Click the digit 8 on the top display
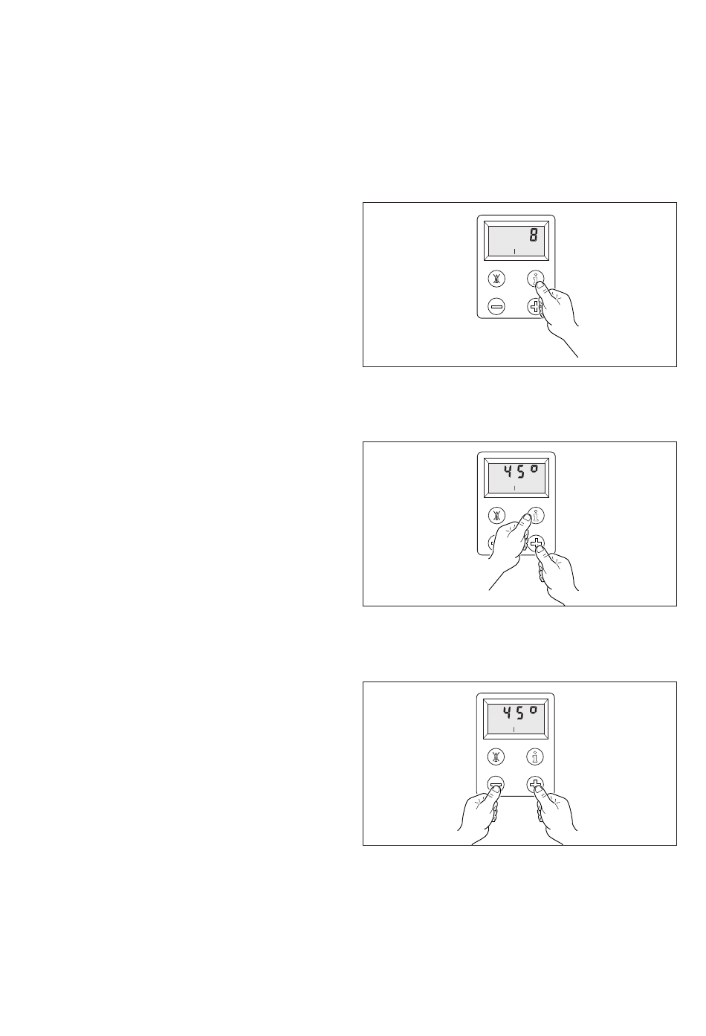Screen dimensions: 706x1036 tap(533, 236)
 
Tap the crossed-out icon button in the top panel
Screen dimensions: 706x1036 tap(496, 279)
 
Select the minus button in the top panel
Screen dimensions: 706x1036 tap(496, 306)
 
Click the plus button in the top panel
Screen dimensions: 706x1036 tap(534, 306)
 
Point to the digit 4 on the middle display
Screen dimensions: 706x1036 tap(508, 472)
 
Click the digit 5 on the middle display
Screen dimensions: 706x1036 tap(521, 472)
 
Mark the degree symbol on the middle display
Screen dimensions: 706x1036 tap(534, 468)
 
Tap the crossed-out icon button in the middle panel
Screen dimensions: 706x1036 tap(497, 516)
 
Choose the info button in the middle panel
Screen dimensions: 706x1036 tap(537, 516)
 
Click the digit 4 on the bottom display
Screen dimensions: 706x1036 tap(507, 713)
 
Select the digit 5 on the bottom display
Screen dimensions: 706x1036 tap(520, 713)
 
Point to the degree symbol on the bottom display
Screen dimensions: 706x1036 tap(534, 710)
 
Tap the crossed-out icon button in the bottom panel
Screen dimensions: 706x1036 tap(496, 757)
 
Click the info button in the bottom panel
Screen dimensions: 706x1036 tap(535, 757)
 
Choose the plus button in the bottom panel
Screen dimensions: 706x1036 tap(535, 784)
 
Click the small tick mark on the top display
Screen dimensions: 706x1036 tap(514, 251)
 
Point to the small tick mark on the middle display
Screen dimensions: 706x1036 tap(514, 488)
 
